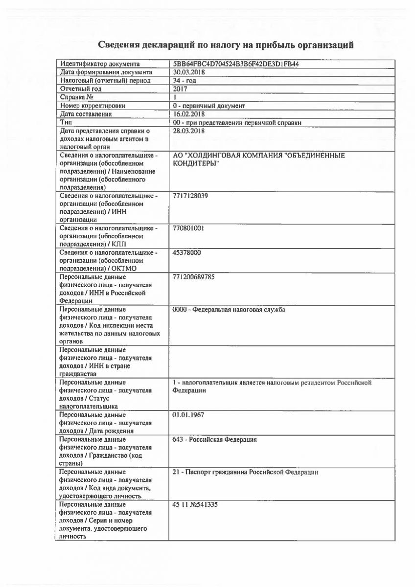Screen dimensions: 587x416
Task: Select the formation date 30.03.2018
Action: pos(189,72)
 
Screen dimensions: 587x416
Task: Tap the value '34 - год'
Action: pos(185,81)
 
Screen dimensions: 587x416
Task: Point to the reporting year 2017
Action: pos(180,89)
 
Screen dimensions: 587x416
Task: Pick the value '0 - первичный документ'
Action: pos(209,106)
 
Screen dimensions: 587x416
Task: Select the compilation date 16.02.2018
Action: pos(189,114)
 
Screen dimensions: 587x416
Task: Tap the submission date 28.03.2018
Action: pos(189,131)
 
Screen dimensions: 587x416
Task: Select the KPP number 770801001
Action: pos(188,228)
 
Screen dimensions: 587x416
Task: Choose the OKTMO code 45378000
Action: pos(187,252)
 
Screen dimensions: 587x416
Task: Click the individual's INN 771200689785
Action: pos(194,277)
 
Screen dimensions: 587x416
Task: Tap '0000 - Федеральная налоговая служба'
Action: pos(229,310)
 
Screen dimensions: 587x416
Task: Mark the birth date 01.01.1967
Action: pos(188,415)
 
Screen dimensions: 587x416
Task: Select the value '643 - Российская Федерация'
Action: pos(215,439)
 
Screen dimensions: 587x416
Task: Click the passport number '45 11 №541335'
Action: pos(195,504)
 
